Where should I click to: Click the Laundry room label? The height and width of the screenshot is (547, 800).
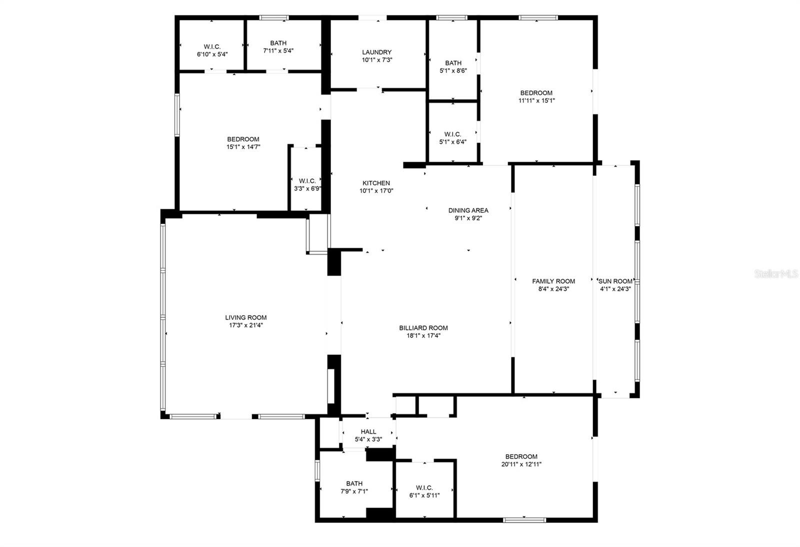377,52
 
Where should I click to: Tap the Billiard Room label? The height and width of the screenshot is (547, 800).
423,328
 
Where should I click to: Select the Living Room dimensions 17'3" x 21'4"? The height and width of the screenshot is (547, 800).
245,325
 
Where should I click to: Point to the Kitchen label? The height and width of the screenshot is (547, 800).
376,183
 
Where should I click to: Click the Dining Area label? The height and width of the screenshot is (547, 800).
468,210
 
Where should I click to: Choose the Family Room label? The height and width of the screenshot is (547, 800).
553,281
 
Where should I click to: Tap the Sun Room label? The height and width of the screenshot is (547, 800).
615,281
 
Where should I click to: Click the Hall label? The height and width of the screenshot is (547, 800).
368,432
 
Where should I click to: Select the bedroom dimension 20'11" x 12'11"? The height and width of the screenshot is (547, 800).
521,464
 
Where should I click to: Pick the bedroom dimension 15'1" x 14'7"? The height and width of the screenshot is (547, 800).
243,147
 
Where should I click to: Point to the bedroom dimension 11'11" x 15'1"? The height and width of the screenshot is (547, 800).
536,100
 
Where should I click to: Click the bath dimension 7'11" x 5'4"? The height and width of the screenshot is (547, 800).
278,50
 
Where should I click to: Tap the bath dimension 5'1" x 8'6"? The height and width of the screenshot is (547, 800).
453,70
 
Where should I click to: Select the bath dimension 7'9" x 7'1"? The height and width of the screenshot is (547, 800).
354,492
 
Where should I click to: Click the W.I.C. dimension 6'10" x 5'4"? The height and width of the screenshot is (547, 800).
212,54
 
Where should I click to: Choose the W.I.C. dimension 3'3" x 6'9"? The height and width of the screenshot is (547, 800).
307,188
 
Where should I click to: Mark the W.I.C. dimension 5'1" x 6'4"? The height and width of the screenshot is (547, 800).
453,142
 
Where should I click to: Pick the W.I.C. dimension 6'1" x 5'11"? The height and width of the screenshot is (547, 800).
424,495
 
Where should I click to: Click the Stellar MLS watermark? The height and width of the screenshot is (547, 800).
775,274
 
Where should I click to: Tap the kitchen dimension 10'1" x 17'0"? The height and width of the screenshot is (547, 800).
376,191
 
